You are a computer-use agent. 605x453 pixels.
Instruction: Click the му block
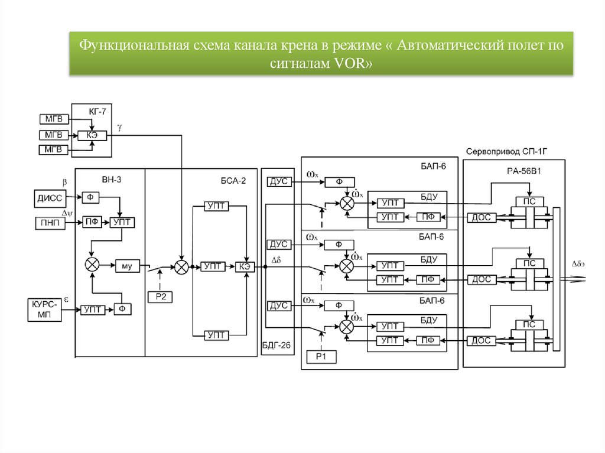coord(126,266)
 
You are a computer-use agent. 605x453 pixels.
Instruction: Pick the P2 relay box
coord(160,296)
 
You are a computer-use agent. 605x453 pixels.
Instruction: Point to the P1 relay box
coord(321,356)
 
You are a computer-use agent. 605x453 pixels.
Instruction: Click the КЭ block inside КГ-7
coord(92,135)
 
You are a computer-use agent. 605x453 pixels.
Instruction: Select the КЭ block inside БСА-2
coord(245,266)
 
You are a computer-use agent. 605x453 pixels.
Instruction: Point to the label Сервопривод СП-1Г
coord(508,151)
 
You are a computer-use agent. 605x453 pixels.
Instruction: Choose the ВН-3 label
coord(110,180)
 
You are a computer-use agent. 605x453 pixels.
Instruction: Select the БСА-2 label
coord(233,181)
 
